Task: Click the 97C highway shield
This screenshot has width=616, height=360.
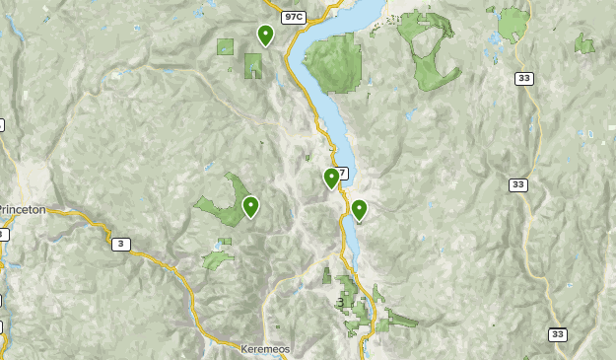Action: pos(293,18)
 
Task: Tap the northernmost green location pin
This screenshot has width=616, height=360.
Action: pos(265,35)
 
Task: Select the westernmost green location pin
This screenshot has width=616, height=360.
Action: pos(251,206)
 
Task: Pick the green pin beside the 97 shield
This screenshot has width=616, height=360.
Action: pos(331,178)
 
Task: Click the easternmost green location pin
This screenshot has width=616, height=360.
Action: pos(360,209)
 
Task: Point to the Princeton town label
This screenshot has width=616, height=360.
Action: pos(31,210)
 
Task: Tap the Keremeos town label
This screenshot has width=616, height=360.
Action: pos(263,349)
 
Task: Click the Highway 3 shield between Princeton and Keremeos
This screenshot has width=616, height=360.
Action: pos(120,245)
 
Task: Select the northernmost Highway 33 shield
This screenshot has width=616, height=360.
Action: pos(523,79)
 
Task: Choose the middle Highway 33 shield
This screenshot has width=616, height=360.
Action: pos(518,184)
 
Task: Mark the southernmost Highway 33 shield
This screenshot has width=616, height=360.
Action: pos(558,334)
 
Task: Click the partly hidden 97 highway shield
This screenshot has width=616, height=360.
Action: pos(342,174)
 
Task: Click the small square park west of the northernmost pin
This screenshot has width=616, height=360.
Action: pos(226,46)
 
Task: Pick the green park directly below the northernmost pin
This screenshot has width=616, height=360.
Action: pos(254,66)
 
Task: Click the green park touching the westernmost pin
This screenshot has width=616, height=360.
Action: pos(225,202)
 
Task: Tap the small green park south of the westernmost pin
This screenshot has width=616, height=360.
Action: pos(218,258)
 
